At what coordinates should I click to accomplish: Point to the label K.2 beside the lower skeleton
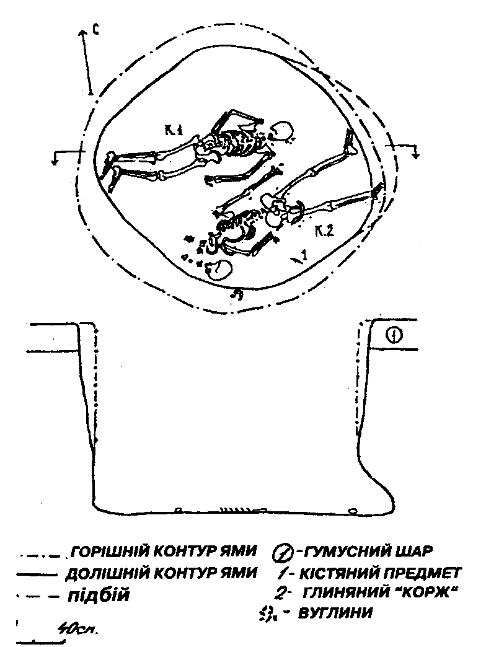(324, 232)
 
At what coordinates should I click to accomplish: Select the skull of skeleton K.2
(219, 270)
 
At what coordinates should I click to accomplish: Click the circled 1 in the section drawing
(395, 336)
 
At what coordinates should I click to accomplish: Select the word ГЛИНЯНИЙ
(340, 594)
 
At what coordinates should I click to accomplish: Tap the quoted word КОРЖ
(430, 593)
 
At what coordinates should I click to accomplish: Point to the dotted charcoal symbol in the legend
(269, 614)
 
